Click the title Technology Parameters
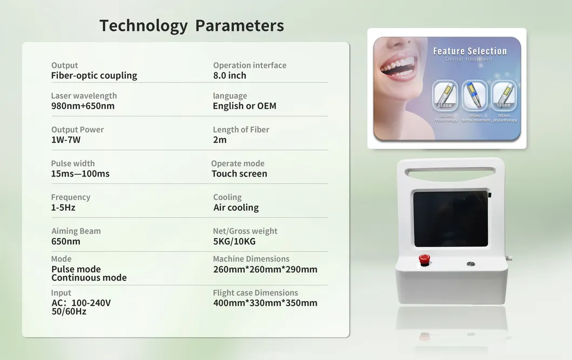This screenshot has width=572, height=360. point(192,25)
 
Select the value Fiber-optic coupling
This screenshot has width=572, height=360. point(94,76)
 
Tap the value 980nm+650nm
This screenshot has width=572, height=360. point(83,106)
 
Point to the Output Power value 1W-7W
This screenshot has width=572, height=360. point(66,140)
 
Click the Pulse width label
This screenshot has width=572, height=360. point(73,164)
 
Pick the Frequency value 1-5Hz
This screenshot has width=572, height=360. point(63,207)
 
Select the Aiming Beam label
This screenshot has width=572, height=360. point(76,231)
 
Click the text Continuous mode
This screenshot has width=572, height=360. point(89,278)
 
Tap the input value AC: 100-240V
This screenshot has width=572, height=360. point(81,303)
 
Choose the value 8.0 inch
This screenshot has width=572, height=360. point(230,76)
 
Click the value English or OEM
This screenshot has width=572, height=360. point(244,106)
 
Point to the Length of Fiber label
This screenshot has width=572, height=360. point(241,130)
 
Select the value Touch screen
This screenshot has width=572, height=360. point(239,174)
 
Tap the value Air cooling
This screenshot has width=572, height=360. point(236,207)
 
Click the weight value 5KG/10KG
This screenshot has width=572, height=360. point(234,241)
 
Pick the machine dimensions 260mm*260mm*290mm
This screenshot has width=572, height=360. point(265,269)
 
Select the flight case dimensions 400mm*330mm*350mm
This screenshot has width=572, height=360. point(265,303)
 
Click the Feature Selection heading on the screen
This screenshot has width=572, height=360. point(470,51)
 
